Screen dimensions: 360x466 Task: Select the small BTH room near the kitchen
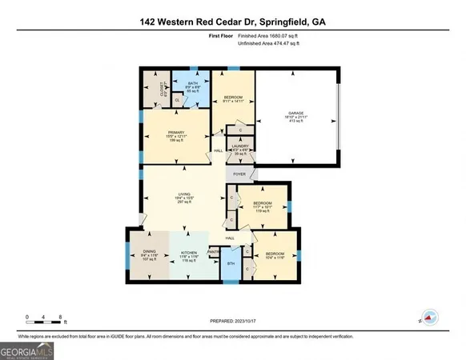pyautogui.click(x=230, y=262)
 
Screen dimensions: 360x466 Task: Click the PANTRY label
pyautogui.click(x=214, y=253)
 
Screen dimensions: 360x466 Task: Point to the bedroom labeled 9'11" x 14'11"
pyautogui.click(x=232, y=98)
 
